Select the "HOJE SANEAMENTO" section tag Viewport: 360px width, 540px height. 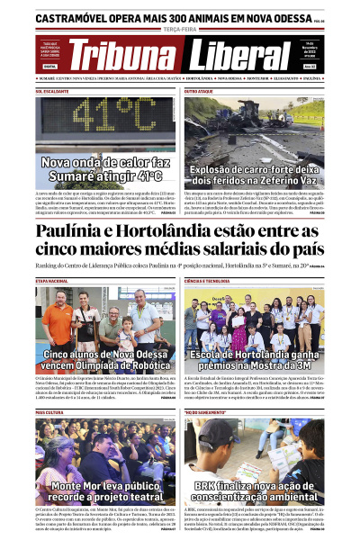[202, 412]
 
